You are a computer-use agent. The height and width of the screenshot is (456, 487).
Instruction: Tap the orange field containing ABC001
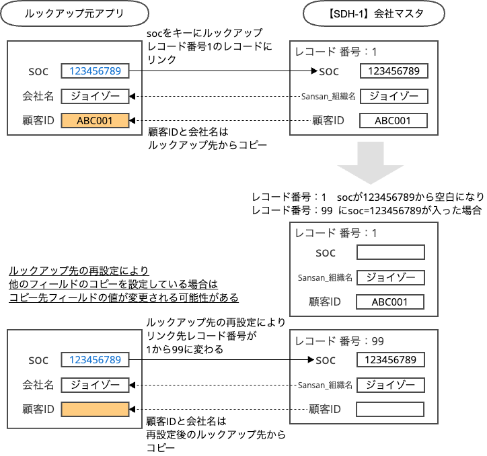94,122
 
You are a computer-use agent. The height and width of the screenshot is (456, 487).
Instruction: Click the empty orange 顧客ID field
94,409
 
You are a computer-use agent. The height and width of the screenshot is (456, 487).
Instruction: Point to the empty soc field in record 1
391,253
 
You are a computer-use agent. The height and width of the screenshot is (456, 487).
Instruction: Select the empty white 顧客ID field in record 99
390,409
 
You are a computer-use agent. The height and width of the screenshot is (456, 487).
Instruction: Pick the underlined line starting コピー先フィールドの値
124,298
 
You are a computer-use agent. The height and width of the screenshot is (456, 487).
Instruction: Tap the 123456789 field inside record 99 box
390,361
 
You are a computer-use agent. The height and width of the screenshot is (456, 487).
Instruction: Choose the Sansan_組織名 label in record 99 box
326,385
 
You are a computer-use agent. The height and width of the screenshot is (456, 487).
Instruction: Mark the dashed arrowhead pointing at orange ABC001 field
132,122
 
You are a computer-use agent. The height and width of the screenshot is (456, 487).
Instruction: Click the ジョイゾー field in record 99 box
390,385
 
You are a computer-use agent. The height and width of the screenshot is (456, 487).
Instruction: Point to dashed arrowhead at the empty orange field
132,409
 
